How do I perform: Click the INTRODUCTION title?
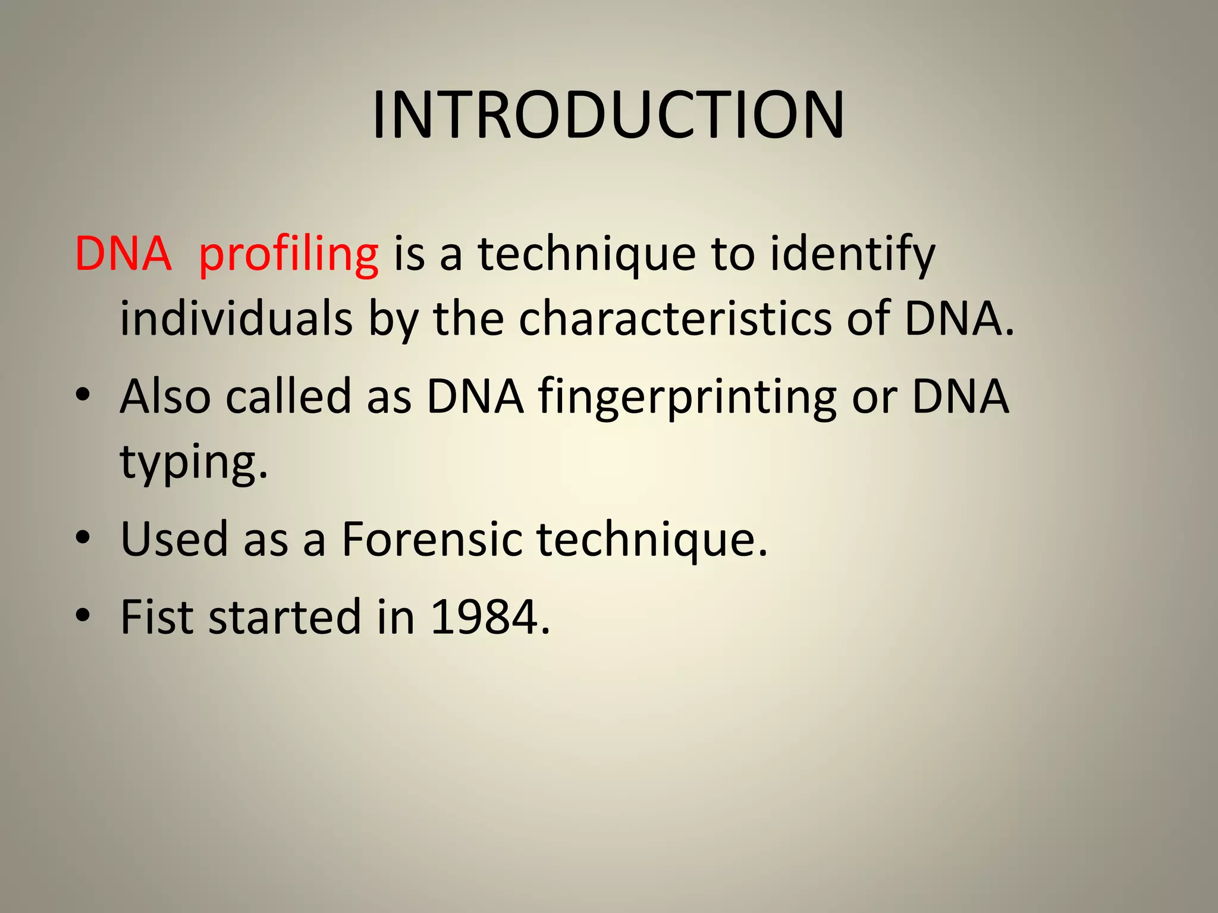[x=608, y=115]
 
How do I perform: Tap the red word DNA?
[x=123, y=254]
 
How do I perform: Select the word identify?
[x=852, y=254]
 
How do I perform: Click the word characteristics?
[x=675, y=319]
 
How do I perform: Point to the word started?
[x=285, y=617]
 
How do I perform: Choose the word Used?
[x=174, y=539]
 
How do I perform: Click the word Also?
[x=165, y=397]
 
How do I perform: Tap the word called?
[x=288, y=397]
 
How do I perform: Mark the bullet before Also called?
[x=83, y=395]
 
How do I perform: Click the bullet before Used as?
[x=83, y=537]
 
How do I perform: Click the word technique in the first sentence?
[x=586, y=254]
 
